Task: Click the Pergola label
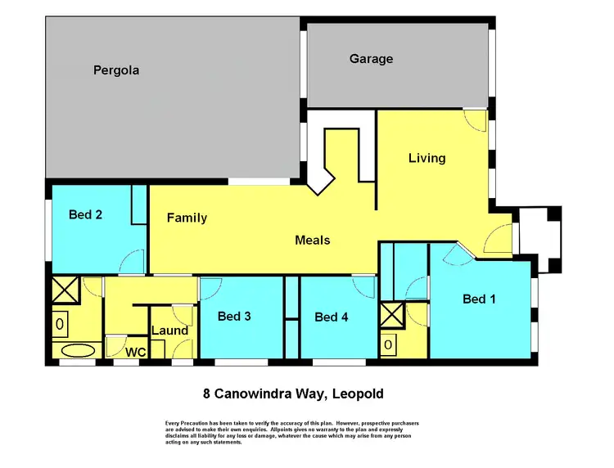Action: click(115, 70)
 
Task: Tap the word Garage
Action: click(371, 59)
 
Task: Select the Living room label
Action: click(427, 158)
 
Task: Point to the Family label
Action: click(187, 218)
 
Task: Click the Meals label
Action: click(313, 240)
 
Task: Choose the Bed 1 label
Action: click(479, 299)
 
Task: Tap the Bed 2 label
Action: click(85, 214)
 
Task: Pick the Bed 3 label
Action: click(234, 315)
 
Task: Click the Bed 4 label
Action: click(332, 317)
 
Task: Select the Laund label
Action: click(169, 331)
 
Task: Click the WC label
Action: click(135, 352)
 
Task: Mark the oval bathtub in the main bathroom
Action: click(78, 352)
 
